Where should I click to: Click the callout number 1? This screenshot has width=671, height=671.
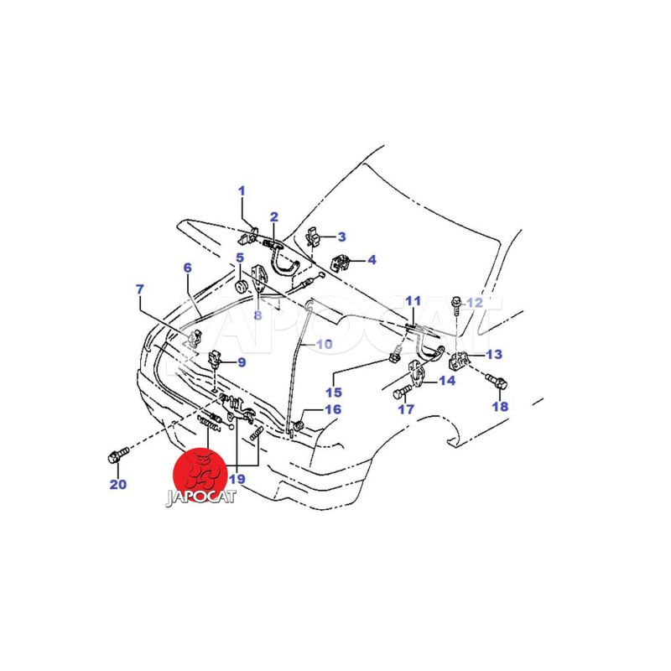(242, 191)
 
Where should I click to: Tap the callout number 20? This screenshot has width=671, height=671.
(118, 485)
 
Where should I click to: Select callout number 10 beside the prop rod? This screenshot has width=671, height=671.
(324, 344)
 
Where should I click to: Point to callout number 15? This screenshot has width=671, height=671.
(334, 392)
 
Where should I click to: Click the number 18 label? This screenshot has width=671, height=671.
(500, 406)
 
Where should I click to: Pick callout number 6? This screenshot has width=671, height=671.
(187, 268)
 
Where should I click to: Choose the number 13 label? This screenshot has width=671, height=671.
(494, 354)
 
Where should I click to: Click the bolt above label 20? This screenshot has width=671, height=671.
(118, 454)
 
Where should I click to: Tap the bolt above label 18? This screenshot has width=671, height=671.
(497, 380)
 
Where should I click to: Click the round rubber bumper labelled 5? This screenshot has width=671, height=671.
(242, 286)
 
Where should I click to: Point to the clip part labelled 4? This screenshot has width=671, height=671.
(341, 263)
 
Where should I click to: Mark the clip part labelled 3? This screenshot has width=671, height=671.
(314, 237)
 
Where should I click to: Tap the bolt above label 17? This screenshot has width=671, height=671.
(402, 391)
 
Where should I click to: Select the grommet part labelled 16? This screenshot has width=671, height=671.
(299, 425)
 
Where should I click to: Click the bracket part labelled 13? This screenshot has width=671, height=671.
(459, 362)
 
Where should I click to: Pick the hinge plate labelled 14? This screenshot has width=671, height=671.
(417, 373)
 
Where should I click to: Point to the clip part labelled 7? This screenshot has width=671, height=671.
(195, 337)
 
